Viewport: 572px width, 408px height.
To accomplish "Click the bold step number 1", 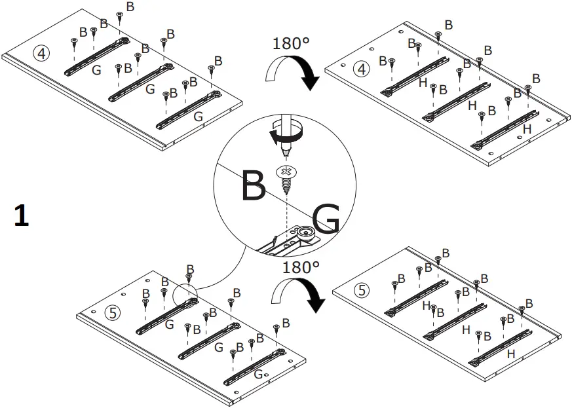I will click(x=21, y=216).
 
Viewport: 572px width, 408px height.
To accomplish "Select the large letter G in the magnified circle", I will click(x=326, y=219).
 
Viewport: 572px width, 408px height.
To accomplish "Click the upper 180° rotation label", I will click(x=290, y=45).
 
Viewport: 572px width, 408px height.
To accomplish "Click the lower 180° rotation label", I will click(x=301, y=267).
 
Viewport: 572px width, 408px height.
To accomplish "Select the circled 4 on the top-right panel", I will click(x=360, y=68).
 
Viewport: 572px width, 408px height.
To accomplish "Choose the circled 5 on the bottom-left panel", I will click(x=114, y=313).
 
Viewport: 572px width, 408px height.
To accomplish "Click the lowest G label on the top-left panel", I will click(x=199, y=116).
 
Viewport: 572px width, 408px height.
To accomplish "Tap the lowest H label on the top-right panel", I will click(x=527, y=130).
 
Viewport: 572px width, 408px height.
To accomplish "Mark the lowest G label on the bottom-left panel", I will click(x=257, y=374).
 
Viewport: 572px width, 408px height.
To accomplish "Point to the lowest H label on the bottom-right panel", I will click(x=510, y=354).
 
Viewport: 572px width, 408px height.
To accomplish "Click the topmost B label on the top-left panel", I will click(x=130, y=7).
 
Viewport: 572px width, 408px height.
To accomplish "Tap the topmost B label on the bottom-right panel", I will click(x=446, y=253).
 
